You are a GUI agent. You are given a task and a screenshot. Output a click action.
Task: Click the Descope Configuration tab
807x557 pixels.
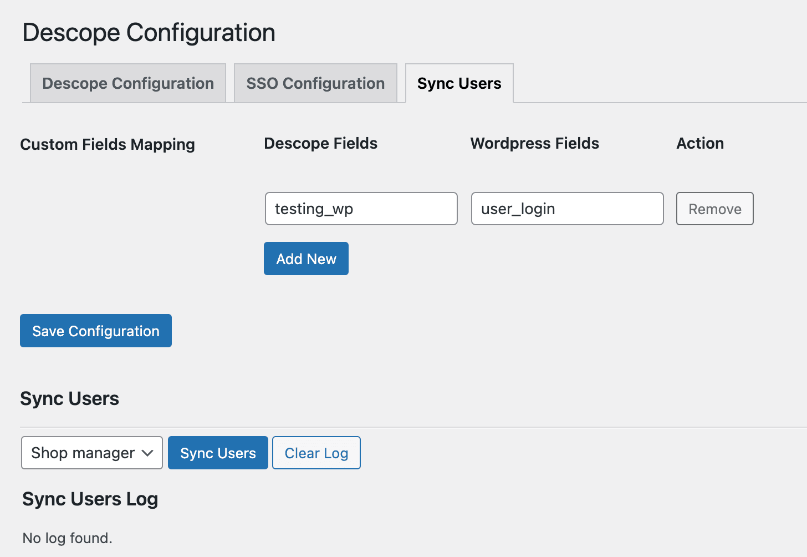tap(128, 83)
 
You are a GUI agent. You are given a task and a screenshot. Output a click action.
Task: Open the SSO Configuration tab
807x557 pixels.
tap(315, 83)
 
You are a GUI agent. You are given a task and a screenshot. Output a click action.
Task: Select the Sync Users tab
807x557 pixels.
tap(459, 83)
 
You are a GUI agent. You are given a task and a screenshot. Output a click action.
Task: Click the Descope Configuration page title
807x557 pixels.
tap(149, 32)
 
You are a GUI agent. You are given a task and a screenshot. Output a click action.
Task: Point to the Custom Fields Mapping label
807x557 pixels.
tap(108, 144)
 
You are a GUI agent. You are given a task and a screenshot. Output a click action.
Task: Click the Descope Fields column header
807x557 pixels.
tap(320, 143)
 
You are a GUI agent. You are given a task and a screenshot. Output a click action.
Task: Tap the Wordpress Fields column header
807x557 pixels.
tap(534, 143)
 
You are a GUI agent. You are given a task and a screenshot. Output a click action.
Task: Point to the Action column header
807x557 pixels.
tap(700, 143)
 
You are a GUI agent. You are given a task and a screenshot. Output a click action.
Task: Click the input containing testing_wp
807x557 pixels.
tap(361, 209)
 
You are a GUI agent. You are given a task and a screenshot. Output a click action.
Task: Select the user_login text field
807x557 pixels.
tap(567, 209)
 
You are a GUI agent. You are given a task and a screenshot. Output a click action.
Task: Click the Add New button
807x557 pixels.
tap(306, 259)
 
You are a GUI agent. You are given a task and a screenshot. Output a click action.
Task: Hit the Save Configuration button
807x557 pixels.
tap(96, 331)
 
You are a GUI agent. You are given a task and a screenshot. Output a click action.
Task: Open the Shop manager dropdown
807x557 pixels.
tap(83, 453)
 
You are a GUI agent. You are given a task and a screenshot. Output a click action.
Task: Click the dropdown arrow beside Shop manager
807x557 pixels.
tap(147, 453)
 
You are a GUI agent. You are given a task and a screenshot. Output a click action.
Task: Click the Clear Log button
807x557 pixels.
tap(316, 453)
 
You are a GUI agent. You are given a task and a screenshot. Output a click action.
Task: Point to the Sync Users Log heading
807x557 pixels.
tap(90, 499)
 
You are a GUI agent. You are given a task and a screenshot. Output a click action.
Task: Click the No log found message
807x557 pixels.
tap(67, 538)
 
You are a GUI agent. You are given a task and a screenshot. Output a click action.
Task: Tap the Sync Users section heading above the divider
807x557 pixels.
tap(69, 398)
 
